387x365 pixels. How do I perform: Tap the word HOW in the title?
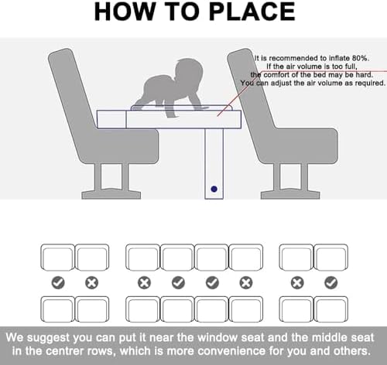(x=124, y=12)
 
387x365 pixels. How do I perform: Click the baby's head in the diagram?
(x=189, y=71)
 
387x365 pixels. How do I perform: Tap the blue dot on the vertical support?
(x=214, y=189)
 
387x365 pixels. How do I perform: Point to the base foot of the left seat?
(x=111, y=194)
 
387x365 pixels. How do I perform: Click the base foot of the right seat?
(x=290, y=194)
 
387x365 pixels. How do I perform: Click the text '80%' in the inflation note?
(x=361, y=58)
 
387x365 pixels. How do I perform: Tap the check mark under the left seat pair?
(x=58, y=282)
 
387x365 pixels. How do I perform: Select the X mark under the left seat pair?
(x=91, y=282)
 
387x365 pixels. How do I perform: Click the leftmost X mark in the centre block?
(x=144, y=282)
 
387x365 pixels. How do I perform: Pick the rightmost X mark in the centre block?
(x=246, y=282)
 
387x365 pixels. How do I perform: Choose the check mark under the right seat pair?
(x=331, y=282)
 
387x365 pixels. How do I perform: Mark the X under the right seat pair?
(x=297, y=282)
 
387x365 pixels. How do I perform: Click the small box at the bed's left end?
(x=111, y=119)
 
